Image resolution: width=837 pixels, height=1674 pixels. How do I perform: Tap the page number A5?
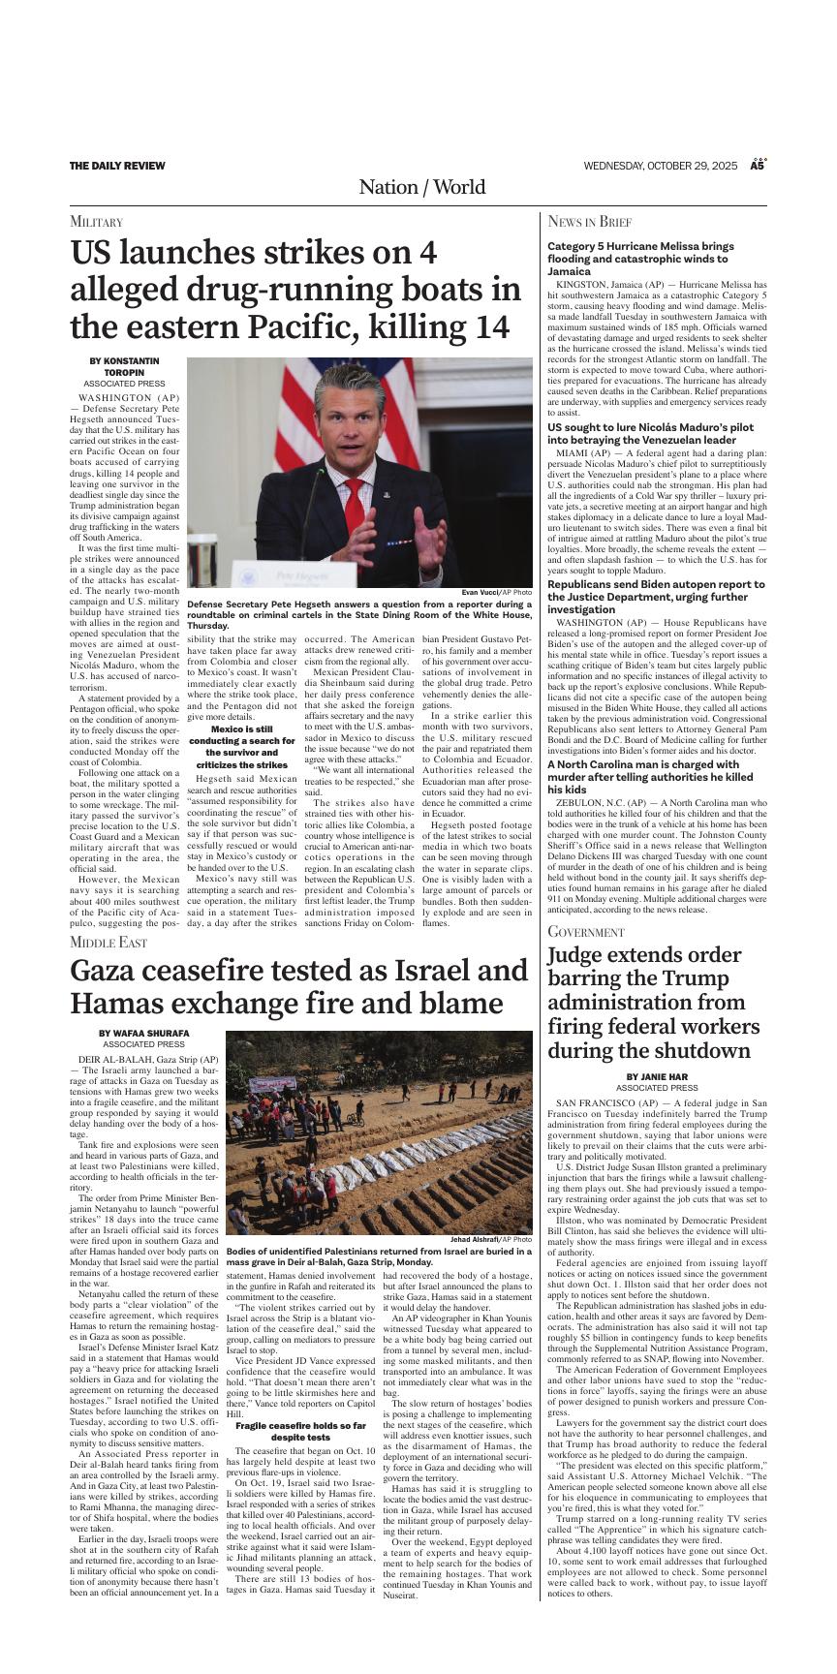click(x=759, y=166)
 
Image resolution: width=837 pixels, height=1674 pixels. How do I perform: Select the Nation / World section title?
click(x=421, y=187)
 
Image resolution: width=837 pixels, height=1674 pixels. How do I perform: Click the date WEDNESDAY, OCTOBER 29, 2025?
click(x=661, y=166)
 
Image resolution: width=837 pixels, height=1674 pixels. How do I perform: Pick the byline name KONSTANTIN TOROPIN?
click(x=124, y=366)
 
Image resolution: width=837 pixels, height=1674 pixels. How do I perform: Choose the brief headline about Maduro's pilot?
click(x=656, y=433)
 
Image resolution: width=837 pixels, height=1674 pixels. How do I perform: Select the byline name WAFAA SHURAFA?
click(x=144, y=1034)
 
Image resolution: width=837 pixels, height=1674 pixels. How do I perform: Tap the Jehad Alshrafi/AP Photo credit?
click(x=490, y=1239)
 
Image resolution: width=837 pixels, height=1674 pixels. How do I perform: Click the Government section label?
click(x=586, y=931)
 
